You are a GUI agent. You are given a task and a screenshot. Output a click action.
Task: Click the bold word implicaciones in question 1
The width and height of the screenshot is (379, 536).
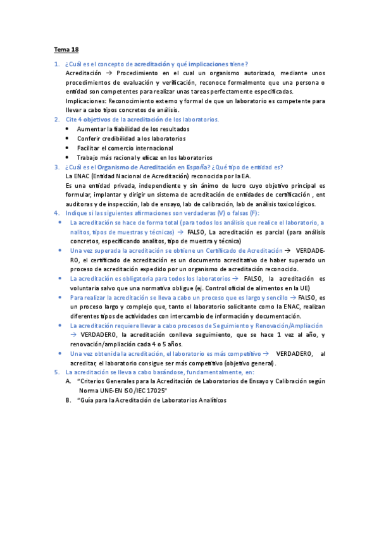click(x=209, y=64)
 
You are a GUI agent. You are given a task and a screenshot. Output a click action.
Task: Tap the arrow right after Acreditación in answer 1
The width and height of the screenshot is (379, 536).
click(x=108, y=73)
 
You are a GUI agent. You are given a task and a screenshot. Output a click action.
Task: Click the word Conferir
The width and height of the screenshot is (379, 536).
click(x=90, y=138)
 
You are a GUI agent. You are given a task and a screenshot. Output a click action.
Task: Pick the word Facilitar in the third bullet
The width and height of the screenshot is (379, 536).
click(x=90, y=147)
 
